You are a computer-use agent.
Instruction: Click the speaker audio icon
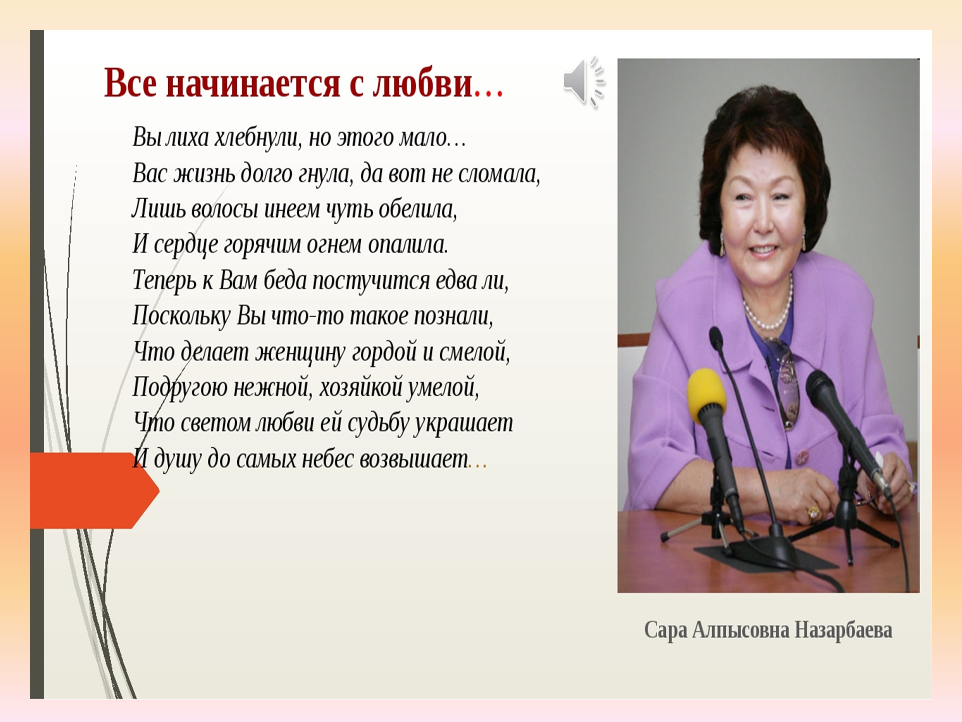click(x=584, y=82)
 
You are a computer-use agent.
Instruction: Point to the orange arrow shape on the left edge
click(x=94, y=490)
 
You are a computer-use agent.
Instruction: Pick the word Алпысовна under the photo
click(x=740, y=630)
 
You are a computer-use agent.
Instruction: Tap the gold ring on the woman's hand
click(x=812, y=512)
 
